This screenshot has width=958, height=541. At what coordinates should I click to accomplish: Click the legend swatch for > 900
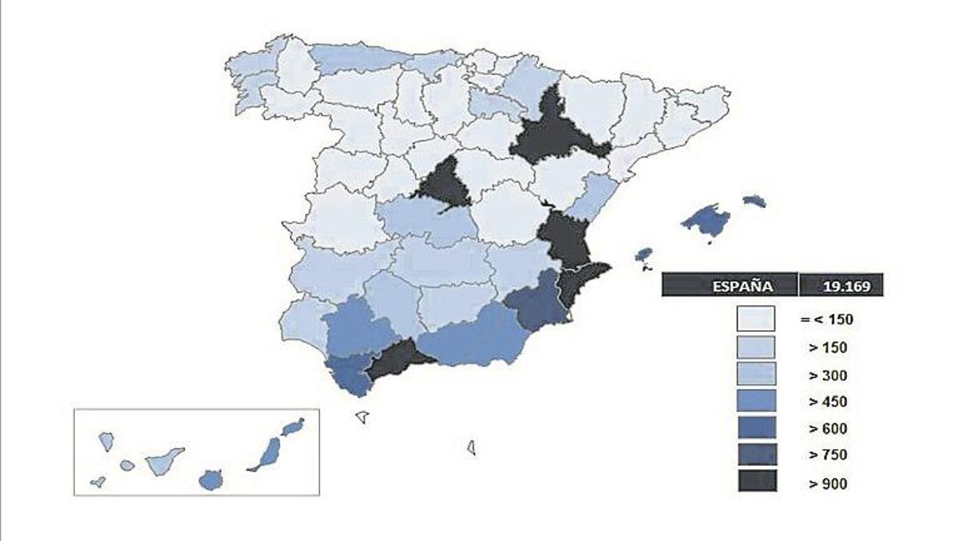756,482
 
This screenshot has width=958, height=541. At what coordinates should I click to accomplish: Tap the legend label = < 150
827,320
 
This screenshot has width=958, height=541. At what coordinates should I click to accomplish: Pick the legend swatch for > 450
756,401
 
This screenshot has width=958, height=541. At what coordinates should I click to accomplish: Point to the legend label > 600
827,428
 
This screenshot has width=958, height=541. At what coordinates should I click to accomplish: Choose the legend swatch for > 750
756,455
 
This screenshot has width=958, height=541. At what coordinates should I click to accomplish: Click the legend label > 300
827,375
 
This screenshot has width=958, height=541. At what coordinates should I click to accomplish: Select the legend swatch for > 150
756,347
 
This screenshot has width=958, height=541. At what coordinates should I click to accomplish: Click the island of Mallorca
707,218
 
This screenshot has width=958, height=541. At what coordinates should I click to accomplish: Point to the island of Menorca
754,201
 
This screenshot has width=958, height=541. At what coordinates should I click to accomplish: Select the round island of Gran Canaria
210,479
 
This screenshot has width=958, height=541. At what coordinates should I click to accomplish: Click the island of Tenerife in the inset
164,462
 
